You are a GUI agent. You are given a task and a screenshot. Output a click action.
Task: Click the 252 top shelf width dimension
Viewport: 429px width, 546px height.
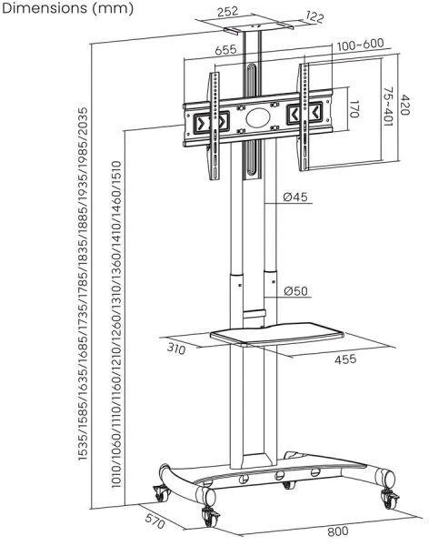pyautogui.click(x=227, y=12)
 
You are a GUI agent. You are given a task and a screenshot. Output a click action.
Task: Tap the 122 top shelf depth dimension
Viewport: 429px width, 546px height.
pyautogui.click(x=314, y=16)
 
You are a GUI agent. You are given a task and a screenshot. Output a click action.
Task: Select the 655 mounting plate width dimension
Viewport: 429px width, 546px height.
pyautogui.click(x=225, y=50)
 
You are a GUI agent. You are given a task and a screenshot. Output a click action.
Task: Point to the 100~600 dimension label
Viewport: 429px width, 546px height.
pyautogui.click(x=361, y=45)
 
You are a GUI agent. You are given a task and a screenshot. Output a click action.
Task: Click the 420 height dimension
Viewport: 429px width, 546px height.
pyautogui.click(x=405, y=104)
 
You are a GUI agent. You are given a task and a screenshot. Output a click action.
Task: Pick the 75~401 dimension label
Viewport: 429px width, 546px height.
pyautogui.click(x=389, y=106)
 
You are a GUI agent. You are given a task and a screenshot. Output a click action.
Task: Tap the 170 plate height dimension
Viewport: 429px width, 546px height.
pyautogui.click(x=354, y=109)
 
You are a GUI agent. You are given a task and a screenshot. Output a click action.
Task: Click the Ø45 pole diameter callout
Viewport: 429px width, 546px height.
pyautogui.click(x=295, y=197)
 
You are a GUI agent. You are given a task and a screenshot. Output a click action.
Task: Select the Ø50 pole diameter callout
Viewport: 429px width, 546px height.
pyautogui.click(x=295, y=291)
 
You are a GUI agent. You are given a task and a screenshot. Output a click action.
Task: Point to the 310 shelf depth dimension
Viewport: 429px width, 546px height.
pyautogui.click(x=176, y=349)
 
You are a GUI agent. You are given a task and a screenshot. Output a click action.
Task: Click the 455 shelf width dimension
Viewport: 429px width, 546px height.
pyautogui.click(x=345, y=359)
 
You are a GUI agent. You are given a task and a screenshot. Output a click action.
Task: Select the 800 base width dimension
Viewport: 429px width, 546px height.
pyautogui.click(x=337, y=531)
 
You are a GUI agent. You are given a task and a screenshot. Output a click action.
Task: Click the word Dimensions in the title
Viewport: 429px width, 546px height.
pyautogui.click(x=45, y=8)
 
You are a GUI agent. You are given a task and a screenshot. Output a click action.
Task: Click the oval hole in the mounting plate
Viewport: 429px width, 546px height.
pyautogui.click(x=258, y=117)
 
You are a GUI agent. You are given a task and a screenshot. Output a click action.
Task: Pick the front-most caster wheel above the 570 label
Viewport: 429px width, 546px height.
pyautogui.click(x=211, y=517)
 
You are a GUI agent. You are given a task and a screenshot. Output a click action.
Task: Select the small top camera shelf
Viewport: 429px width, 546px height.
pyautogui.click(x=259, y=27)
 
